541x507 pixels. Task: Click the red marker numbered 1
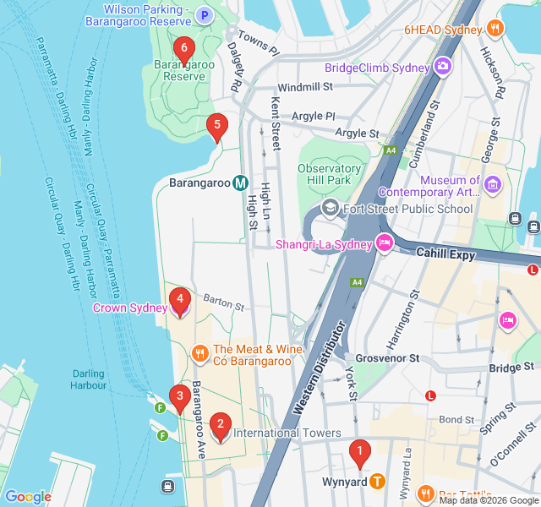click(x=359, y=454)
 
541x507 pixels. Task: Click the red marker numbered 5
click(x=217, y=128)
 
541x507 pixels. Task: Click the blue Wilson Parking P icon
click(x=204, y=14)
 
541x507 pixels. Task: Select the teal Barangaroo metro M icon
click(x=240, y=183)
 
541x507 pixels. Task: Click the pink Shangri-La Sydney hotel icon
click(x=384, y=244)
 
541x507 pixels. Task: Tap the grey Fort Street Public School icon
click(x=330, y=209)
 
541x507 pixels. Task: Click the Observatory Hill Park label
click(x=330, y=174)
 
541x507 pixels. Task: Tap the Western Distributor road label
click(x=320, y=368)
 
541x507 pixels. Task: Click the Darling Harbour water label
click(x=88, y=379)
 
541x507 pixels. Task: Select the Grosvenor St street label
click(x=387, y=358)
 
